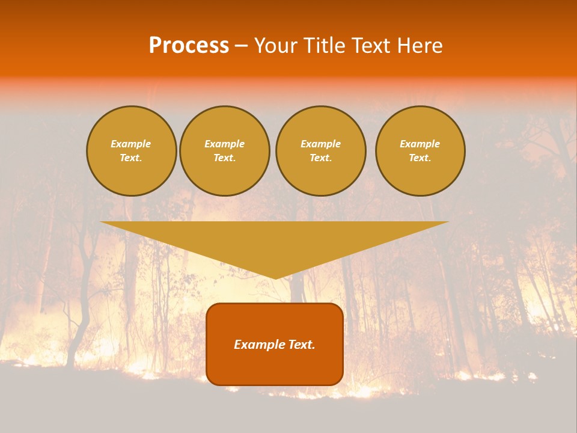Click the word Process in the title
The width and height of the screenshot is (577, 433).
189,46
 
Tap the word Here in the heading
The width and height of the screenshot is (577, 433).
418,46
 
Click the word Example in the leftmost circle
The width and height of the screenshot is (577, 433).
131,144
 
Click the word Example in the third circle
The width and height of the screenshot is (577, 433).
320,144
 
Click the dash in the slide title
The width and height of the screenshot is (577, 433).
241,46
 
